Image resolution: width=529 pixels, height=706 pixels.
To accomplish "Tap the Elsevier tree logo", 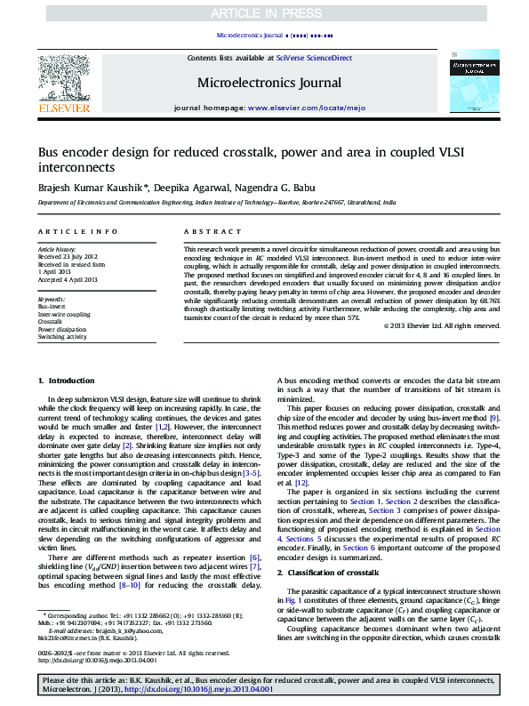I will click(63, 77).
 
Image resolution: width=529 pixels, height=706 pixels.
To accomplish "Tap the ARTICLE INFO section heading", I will click(77, 231).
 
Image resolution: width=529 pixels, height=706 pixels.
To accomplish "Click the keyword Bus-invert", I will click(52, 306).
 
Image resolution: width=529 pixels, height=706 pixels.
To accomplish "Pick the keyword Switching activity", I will click(62, 337).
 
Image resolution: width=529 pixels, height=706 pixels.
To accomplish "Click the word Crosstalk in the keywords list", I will click(50, 322).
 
